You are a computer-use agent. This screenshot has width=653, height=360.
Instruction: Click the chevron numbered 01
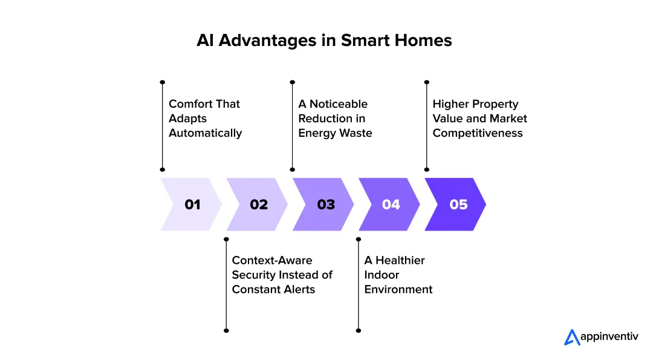pyautogui.click(x=191, y=205)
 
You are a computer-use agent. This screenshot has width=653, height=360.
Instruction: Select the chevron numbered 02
pyautogui.click(x=258, y=205)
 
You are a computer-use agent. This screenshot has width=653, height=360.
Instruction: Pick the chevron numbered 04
pyautogui.click(x=391, y=205)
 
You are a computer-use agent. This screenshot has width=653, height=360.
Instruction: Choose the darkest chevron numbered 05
pyautogui.click(x=457, y=205)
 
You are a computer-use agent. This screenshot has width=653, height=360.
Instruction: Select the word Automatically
pyautogui.click(x=205, y=133)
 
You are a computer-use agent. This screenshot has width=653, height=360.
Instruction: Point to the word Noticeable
pyautogui.click(x=339, y=104)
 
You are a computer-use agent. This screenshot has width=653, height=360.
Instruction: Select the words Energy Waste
pyautogui.click(x=335, y=133)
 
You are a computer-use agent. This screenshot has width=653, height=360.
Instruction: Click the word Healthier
pyautogui.click(x=400, y=260)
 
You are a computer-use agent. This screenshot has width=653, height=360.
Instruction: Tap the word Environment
pyautogui.click(x=398, y=289)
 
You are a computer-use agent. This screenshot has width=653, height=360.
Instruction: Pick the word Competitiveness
pyautogui.click(x=477, y=133)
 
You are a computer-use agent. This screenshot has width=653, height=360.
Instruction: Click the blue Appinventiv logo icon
pyautogui.click(x=571, y=337)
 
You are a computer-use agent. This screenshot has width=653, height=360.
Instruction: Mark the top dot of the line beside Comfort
pyautogui.click(x=162, y=82)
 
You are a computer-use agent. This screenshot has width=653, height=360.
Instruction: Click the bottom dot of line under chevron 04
pyautogui.click(x=359, y=330)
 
